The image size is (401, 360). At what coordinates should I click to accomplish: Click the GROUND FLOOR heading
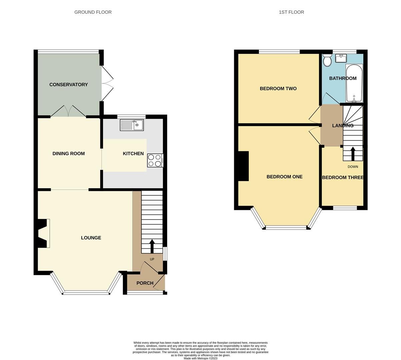93,12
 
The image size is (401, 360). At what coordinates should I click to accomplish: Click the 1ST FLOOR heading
291,12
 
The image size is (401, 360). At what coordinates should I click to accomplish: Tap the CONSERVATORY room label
68,85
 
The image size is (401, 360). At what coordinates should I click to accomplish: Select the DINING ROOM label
68,154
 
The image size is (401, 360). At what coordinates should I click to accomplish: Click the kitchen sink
132,125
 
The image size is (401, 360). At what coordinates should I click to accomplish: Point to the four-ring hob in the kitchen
155,160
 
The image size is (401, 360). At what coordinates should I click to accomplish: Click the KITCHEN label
133,154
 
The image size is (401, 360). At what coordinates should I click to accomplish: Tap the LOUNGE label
91,238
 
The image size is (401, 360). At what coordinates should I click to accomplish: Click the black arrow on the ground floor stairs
152,246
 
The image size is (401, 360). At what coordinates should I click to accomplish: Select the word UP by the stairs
152,259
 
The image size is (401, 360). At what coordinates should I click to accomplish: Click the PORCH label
145,283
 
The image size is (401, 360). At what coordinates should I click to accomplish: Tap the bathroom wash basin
341,59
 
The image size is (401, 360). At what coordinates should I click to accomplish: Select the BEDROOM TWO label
278,89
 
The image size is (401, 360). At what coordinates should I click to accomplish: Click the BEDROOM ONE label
284,177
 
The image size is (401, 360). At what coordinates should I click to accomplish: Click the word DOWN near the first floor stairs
353,167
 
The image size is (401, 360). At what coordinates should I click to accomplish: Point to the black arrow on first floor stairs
353,154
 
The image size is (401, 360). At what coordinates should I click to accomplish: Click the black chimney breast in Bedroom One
243,166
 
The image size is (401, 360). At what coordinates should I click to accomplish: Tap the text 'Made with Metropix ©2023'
200,358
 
